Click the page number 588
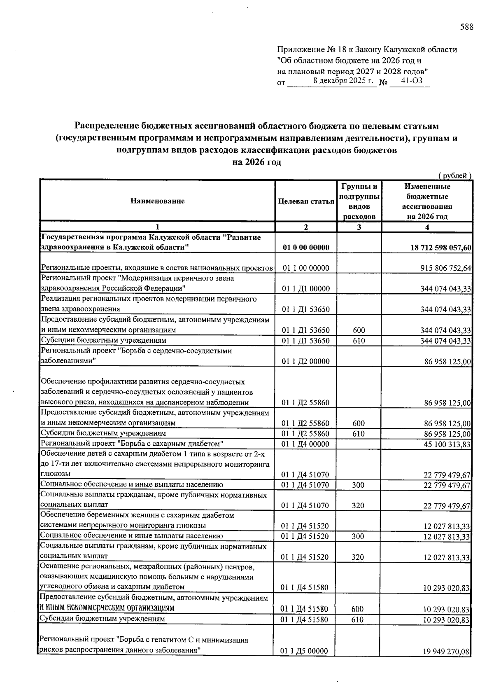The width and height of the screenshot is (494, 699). coord(466,27)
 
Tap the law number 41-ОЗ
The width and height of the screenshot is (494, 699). coord(411,81)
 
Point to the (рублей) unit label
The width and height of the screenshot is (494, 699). coord(454,176)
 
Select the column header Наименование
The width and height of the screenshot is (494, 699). coord(157,201)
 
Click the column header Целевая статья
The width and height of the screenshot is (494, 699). coord(306,201)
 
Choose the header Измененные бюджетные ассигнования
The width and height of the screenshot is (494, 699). coord(426,201)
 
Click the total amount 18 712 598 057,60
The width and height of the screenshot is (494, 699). coord(438,248)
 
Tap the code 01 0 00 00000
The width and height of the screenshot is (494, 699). coord(306,248)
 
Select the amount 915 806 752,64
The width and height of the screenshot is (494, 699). coord(443,268)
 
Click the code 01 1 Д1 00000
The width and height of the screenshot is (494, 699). coord(306,289)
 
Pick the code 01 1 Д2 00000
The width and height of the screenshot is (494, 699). coord(306,361)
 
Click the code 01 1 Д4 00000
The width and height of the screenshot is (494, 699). coord(306,444)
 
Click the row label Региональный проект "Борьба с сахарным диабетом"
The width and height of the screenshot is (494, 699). coord(132,444)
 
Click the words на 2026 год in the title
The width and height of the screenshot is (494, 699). coord(256,162)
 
